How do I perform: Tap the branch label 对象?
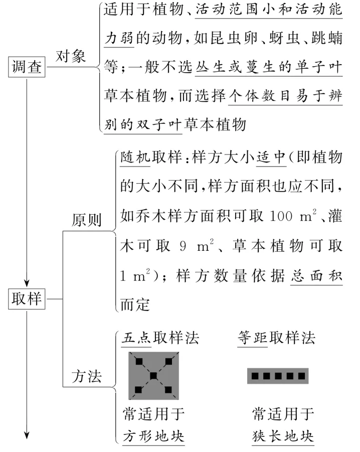(71, 56)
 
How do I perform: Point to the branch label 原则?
(86, 220)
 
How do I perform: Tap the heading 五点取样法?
(160, 337)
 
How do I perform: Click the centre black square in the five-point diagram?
(153, 376)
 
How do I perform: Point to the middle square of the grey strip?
(277, 376)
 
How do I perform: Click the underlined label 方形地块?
(153, 435)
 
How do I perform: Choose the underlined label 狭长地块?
(283, 435)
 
